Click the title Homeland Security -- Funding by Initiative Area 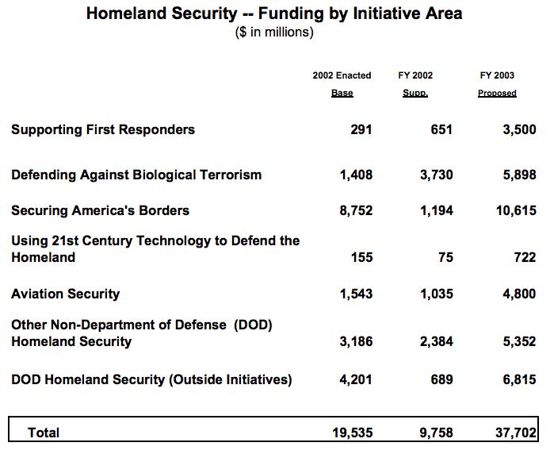coord(273,13)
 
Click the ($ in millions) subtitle coord(274,33)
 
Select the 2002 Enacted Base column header coord(342,84)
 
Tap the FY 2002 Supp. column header coord(415,84)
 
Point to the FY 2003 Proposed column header coord(497,84)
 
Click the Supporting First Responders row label coord(103,129)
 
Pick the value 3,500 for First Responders coord(518,130)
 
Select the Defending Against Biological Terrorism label coord(136,175)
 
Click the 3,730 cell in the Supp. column coord(437,175)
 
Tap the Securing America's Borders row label coord(100,210)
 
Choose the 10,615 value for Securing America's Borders coord(515,211)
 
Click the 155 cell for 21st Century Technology coord(361,257)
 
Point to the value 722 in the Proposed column coord(525,257)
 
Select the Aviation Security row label coord(65,294)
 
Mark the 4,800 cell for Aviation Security coord(518,294)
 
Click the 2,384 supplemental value coord(437,342)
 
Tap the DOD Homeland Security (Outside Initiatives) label coord(151,379)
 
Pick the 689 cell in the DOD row coord(441,380)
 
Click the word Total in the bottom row coord(44,433)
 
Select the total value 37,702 coord(515,433)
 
